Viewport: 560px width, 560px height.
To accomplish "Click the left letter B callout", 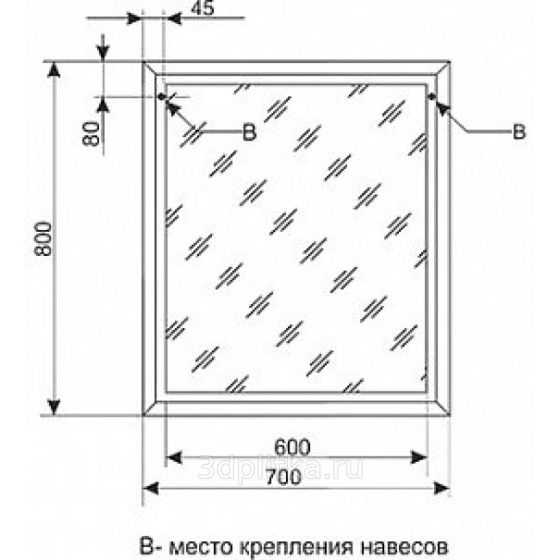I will (x=249, y=131).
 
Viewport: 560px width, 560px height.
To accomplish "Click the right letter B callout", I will (x=519, y=131).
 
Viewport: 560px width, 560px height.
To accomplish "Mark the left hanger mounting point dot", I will (x=161, y=96).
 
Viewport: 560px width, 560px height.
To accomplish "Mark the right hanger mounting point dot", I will (x=430, y=97).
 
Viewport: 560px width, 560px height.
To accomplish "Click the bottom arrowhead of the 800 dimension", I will (x=57, y=406).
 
